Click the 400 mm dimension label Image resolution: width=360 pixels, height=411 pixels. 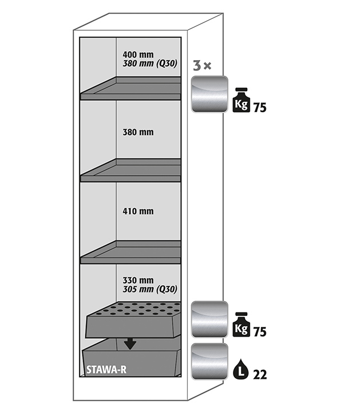pyautogui.click(x=138, y=55)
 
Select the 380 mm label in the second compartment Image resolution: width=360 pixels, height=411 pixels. pyautogui.click(x=138, y=132)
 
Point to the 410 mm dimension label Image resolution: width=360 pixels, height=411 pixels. pyautogui.click(x=138, y=211)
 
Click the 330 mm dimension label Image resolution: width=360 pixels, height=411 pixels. pyautogui.click(x=138, y=280)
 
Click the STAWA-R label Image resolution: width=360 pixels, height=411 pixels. pyautogui.click(x=105, y=369)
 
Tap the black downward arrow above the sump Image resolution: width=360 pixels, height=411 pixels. pyautogui.click(x=130, y=343)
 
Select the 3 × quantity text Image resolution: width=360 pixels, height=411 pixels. pyautogui.click(x=201, y=66)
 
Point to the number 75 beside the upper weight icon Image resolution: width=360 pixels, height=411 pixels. pyautogui.click(x=260, y=107)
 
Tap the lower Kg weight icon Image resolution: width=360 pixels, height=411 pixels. pyautogui.click(x=242, y=325)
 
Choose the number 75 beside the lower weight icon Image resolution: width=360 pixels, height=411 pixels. pyautogui.click(x=260, y=331)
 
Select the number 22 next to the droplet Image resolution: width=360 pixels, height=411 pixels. pyautogui.click(x=260, y=374)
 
